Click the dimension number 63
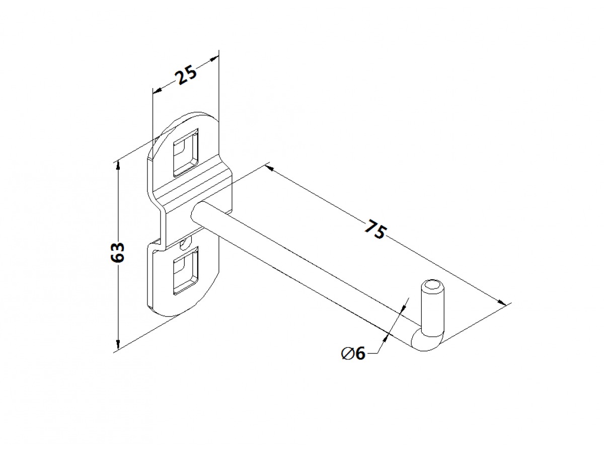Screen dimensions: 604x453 117,252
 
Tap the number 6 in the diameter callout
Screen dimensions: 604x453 360,353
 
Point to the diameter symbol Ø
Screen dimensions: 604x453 347,354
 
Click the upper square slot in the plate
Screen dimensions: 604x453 185,153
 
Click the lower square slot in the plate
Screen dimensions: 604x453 185,271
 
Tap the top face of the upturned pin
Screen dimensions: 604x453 432,286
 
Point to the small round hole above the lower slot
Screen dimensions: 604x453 184,245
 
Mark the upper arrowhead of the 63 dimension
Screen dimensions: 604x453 118,167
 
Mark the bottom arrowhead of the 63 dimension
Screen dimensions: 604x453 118,344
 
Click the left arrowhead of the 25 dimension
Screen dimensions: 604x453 158,91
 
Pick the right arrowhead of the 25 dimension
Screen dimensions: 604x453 214,59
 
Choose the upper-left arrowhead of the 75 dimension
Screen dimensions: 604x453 269,168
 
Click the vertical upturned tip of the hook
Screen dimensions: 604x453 432,306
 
